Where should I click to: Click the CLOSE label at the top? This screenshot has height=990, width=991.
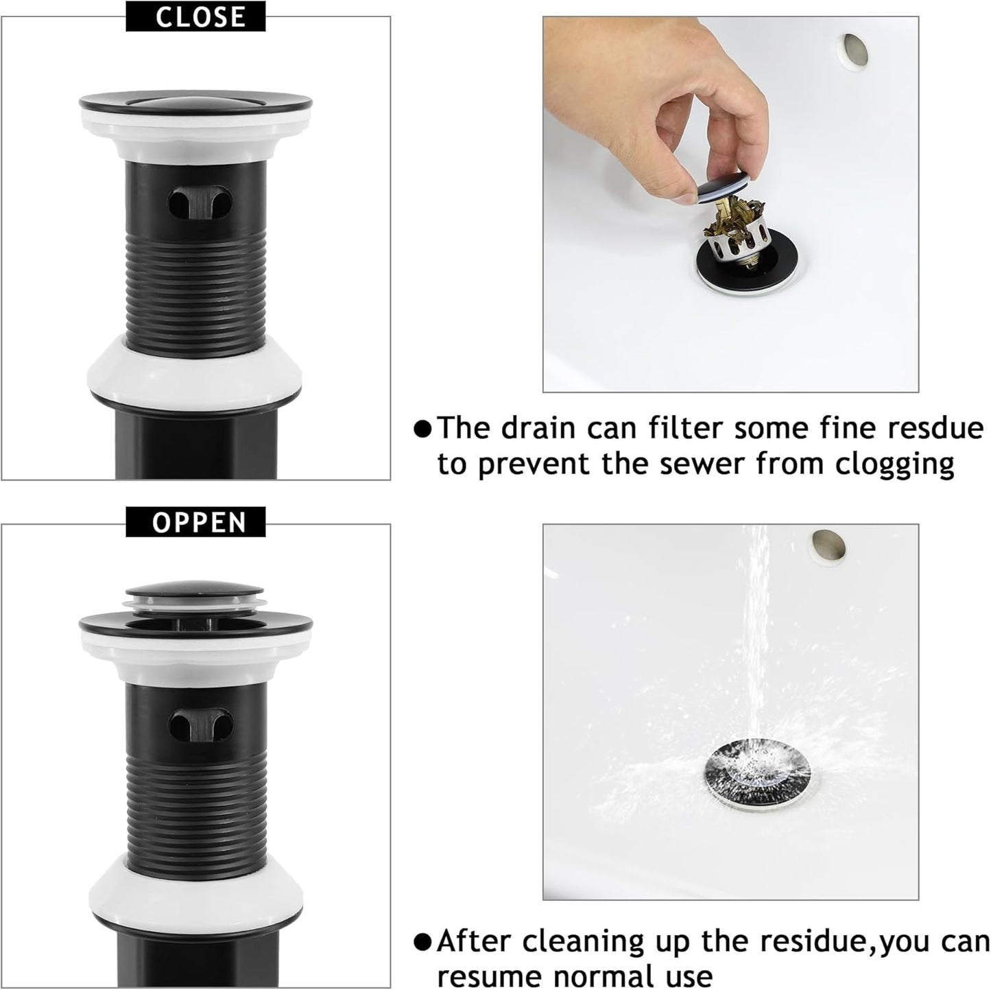coord(195,16)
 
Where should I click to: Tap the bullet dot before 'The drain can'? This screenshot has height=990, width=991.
coord(423,429)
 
